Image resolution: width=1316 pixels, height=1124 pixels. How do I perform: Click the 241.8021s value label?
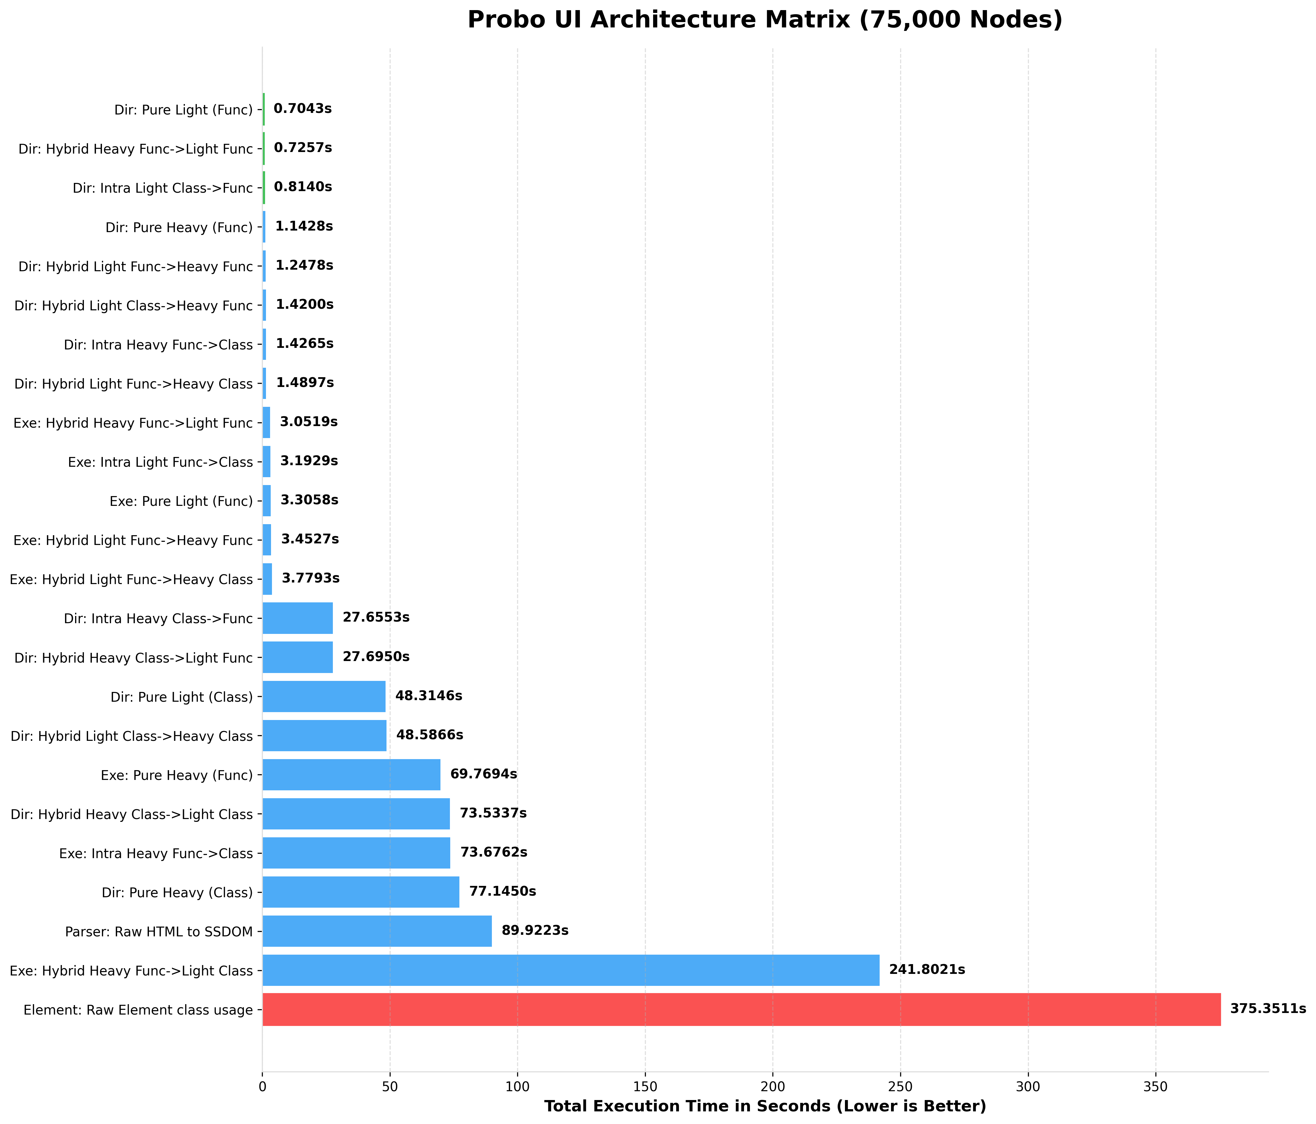[927, 970]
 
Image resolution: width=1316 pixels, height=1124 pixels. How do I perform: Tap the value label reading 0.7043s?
[302, 108]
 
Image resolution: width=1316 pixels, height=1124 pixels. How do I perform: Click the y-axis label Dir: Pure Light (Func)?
[184, 110]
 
